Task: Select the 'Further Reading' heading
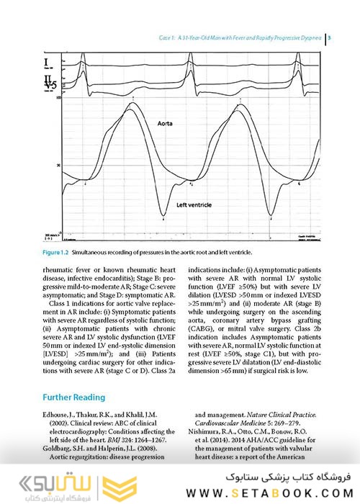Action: tap(74, 397)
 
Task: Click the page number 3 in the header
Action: tap(329, 37)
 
